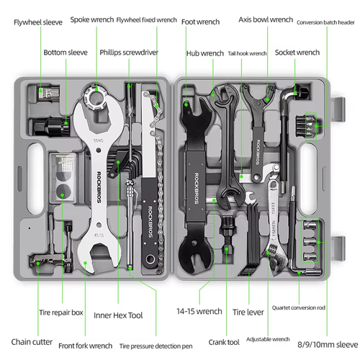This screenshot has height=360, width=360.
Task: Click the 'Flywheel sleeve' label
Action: coord(37,22)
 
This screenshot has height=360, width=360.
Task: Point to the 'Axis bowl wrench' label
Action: coord(266,19)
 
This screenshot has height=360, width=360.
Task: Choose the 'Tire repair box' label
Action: coord(61,313)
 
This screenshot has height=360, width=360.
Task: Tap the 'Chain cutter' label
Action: coord(32,341)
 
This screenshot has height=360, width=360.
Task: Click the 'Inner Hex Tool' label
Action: coord(118,315)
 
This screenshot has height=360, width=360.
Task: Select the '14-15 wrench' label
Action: coord(199,312)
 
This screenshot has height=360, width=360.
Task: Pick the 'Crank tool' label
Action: coord(223,342)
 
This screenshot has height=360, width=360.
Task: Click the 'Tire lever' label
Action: coord(249,312)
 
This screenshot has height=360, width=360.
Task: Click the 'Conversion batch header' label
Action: coord(325,23)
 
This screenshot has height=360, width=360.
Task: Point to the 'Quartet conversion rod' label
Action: coord(298,308)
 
